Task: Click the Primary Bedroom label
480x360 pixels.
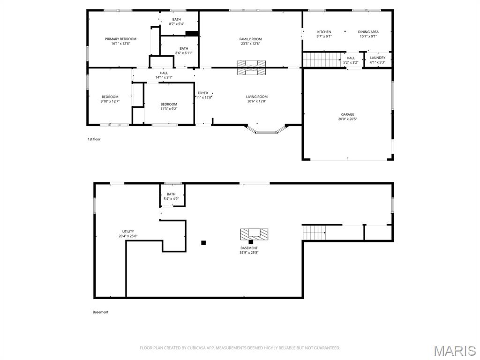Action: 120,39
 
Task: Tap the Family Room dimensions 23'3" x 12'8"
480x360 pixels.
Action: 250,44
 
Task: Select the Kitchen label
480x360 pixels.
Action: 324,32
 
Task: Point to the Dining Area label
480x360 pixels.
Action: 368,32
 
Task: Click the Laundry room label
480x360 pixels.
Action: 378,58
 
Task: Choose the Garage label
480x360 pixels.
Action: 348,114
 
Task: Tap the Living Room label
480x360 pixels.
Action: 257,97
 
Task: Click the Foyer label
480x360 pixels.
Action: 203,93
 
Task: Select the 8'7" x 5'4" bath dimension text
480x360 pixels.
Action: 177,24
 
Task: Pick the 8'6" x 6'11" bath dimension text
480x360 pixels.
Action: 184,53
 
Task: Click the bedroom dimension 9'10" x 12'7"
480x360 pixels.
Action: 110,101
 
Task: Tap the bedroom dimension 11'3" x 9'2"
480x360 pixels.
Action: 169,109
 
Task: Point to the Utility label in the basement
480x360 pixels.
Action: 128,232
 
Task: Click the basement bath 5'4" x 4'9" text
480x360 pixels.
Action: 171,199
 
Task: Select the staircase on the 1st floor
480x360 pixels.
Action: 322,59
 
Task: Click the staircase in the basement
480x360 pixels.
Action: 314,232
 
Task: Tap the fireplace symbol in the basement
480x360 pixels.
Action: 254,234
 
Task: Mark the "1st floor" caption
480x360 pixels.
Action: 94,139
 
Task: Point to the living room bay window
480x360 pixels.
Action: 266,132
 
